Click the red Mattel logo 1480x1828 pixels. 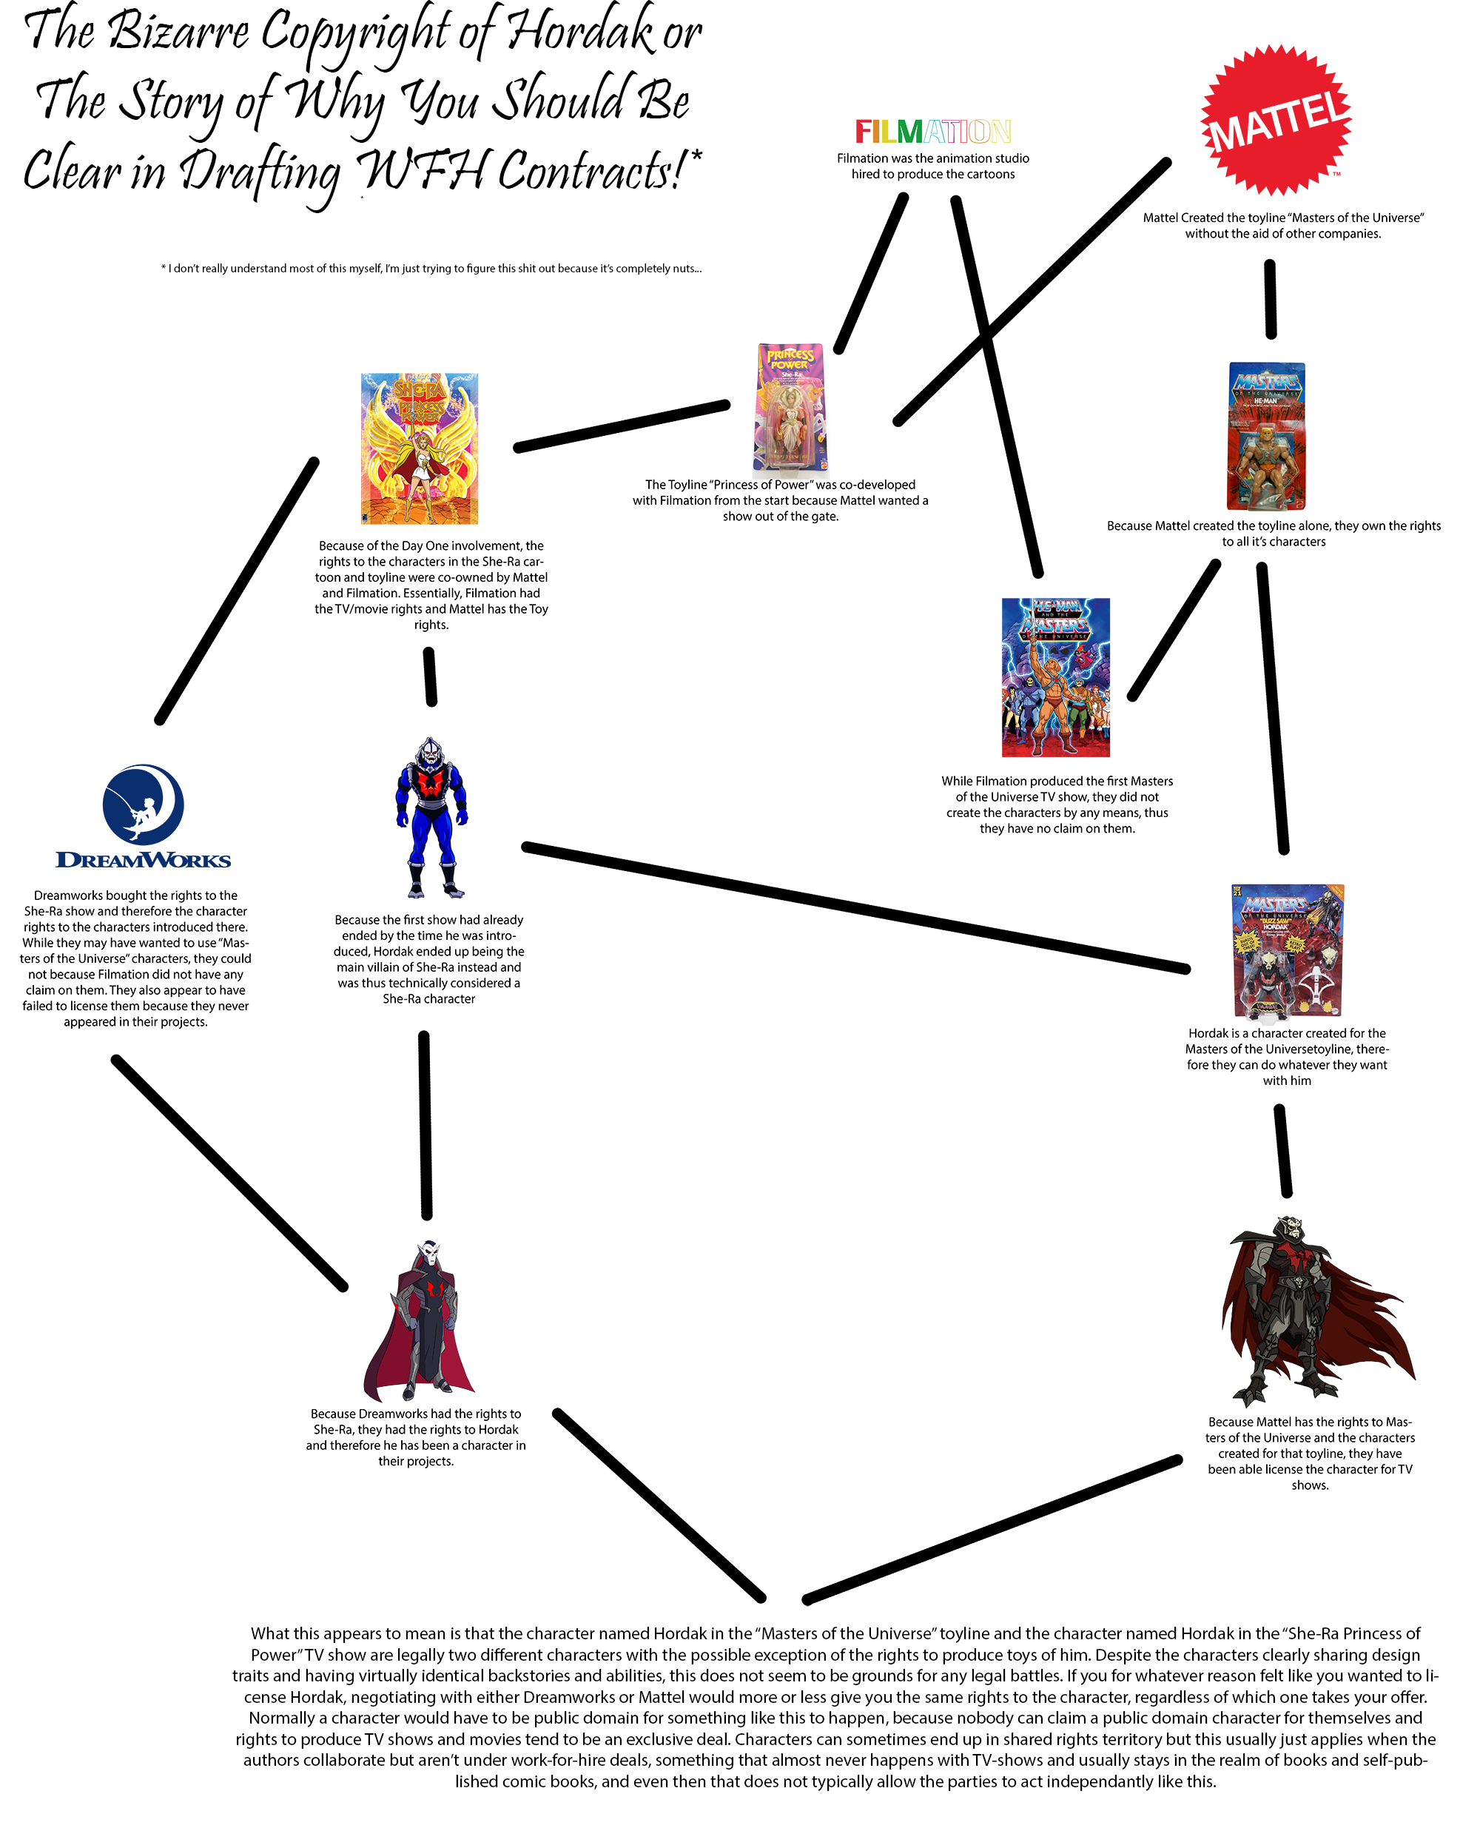[x=1276, y=120]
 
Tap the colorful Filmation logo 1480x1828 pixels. [x=932, y=131]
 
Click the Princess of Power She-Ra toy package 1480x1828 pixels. [x=790, y=408]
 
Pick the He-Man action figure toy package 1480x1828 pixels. [x=1266, y=437]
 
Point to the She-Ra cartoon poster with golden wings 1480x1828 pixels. [x=420, y=448]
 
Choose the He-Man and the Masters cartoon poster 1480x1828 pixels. [x=1055, y=677]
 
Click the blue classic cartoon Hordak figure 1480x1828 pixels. [x=431, y=818]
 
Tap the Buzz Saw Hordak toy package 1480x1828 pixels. [x=1288, y=952]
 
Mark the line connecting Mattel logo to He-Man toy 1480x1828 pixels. [x=1271, y=299]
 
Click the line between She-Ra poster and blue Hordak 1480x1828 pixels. [x=431, y=677]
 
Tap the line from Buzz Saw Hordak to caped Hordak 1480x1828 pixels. [x=1283, y=1150]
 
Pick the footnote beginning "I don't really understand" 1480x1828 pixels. [x=431, y=269]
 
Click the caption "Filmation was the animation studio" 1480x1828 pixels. [x=932, y=167]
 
